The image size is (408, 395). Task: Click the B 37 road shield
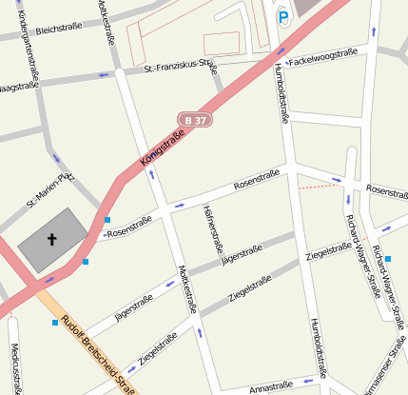194,120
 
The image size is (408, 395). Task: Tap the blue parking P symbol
282,15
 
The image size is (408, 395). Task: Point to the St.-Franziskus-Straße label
180,68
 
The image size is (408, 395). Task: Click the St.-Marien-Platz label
49,188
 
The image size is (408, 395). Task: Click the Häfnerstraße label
211,227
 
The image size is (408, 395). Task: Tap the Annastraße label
270,386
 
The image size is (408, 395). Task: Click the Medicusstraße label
13,366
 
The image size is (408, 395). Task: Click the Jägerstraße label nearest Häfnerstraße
240,254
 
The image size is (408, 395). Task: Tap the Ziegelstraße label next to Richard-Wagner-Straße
329,251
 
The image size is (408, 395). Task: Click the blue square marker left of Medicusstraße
54,322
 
